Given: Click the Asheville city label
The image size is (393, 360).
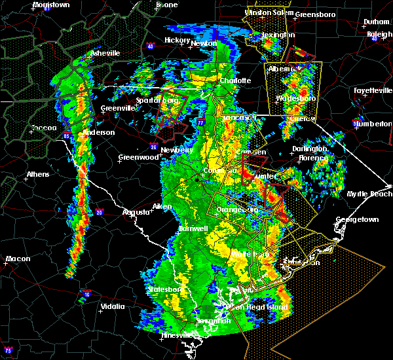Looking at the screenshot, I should tap(105, 52).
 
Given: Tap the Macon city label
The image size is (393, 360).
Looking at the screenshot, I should tap(18, 259).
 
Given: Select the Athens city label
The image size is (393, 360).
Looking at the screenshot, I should tap(38, 175).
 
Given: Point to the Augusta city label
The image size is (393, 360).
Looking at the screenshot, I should tap(136, 211).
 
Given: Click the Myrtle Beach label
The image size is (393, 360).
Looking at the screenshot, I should tap(370, 194).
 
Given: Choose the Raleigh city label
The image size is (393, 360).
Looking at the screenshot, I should tap(379, 34).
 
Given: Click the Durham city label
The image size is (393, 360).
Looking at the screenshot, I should tap(377, 22).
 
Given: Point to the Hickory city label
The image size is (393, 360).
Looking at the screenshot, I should tap(176, 40).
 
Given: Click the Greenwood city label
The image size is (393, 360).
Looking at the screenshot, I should tap(138, 157).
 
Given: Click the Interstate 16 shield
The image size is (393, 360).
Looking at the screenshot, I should tap(87, 294).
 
